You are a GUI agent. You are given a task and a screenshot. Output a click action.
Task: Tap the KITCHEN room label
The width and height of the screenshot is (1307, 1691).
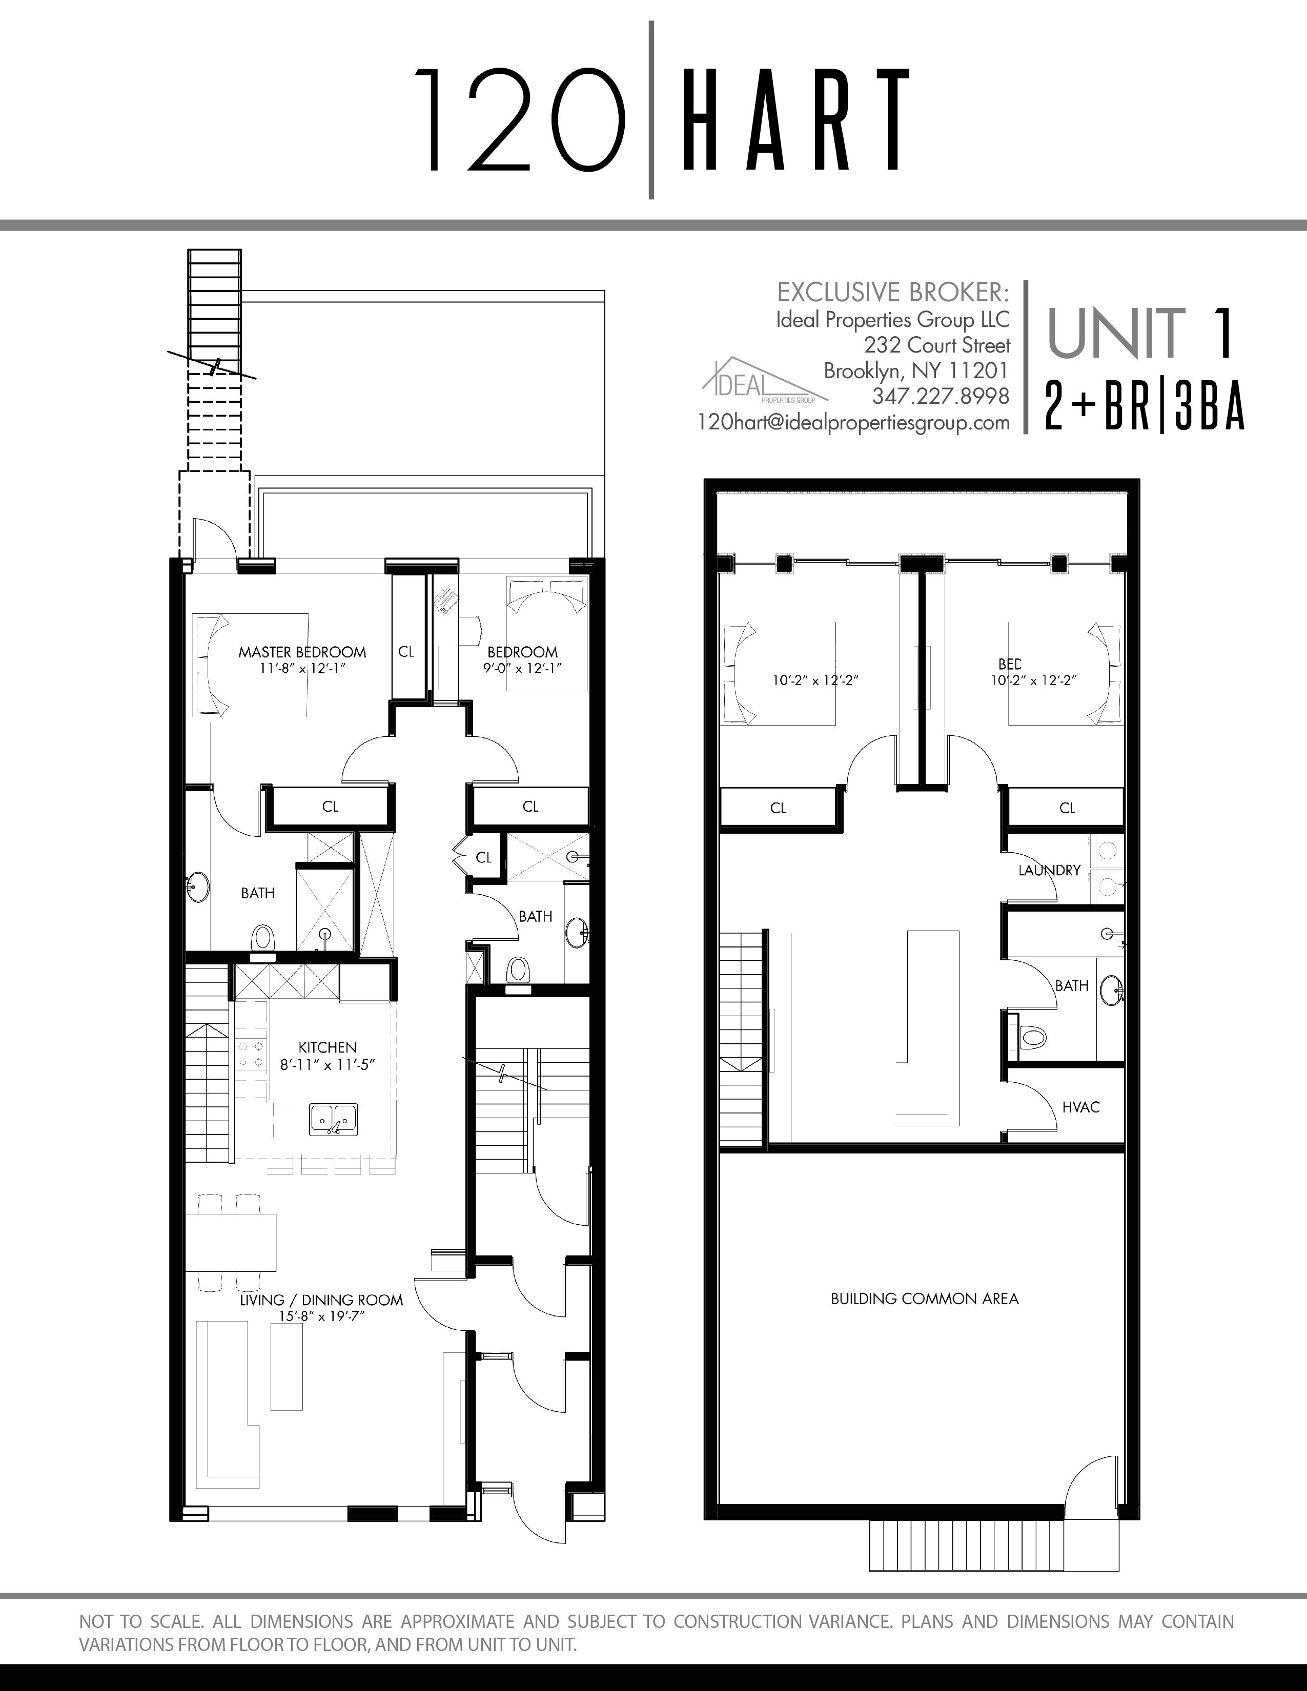pos(328,1047)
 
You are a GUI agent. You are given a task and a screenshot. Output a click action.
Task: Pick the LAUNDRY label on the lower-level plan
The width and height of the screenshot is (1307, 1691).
pos(1049,870)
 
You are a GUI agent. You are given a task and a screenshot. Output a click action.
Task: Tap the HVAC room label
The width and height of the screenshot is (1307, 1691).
pos(1081,1107)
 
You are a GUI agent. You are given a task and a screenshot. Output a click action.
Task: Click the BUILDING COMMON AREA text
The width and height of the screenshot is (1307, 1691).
pos(925,1298)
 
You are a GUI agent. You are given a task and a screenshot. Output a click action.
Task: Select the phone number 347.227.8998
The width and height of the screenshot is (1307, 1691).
pos(941,397)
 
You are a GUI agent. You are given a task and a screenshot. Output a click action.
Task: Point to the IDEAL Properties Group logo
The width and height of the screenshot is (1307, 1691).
pos(764,381)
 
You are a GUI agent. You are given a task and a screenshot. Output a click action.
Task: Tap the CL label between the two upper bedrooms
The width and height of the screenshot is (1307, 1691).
pos(406,652)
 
